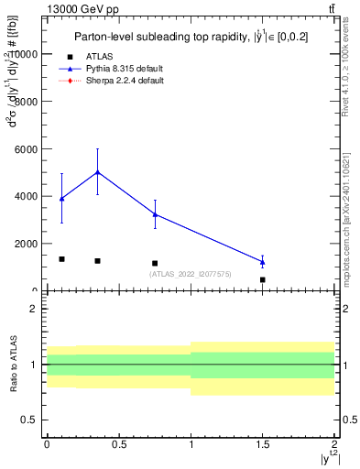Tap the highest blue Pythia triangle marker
click(x=97, y=172)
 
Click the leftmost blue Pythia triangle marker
click(x=61, y=199)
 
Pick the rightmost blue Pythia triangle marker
click(x=263, y=262)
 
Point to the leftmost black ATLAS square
click(x=61, y=259)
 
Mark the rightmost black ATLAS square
click(x=263, y=279)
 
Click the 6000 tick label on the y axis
click(x=26, y=149)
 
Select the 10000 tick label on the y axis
click(x=23, y=54)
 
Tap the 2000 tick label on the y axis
click(x=26, y=244)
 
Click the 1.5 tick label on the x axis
click(x=262, y=444)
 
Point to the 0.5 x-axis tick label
click(x=118, y=444)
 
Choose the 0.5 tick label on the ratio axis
click(x=30, y=420)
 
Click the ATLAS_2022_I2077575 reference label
click(x=190, y=274)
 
